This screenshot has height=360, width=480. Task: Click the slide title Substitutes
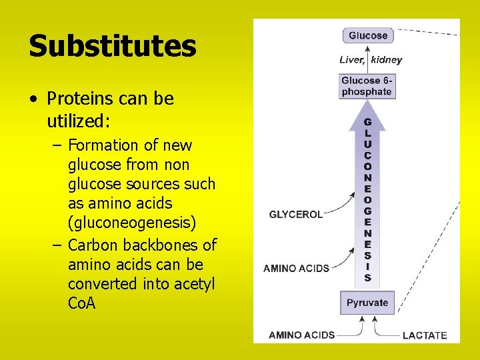click(x=112, y=47)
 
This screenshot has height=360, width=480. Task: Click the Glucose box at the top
click(x=367, y=35)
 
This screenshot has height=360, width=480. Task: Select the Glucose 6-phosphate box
click(x=367, y=86)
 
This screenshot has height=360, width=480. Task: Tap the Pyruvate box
click(x=367, y=303)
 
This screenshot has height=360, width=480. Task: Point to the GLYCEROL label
click(x=295, y=215)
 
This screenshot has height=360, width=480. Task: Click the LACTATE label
click(x=425, y=335)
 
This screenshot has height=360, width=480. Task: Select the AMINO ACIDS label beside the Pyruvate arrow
click(x=301, y=335)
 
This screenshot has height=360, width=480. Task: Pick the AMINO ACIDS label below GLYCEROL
click(x=296, y=268)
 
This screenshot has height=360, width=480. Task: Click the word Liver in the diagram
click(x=351, y=60)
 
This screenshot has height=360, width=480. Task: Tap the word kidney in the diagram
click(x=387, y=60)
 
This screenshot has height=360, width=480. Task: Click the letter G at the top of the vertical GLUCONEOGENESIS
click(x=367, y=123)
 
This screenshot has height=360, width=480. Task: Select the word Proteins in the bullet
click(x=79, y=99)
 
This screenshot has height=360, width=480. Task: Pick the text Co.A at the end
click(x=81, y=303)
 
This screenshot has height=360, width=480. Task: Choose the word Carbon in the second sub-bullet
click(x=94, y=245)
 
